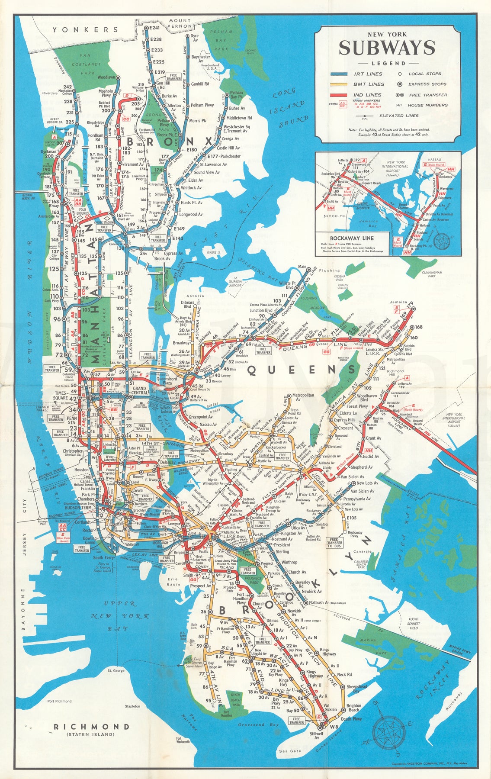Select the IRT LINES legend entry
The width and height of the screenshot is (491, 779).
pyautogui.click(x=368, y=74)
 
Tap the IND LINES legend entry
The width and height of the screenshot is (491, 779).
pyautogui.click(x=368, y=95)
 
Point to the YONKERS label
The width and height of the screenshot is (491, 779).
pyautogui.click(x=85, y=29)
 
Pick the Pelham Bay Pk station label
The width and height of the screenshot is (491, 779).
pyautogui.click(x=236, y=95)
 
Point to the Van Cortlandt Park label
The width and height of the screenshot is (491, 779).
pyautogui.click(x=87, y=64)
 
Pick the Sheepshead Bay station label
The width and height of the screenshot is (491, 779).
pyautogui.click(x=356, y=688)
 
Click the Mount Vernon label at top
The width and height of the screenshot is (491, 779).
pyautogui.click(x=180, y=23)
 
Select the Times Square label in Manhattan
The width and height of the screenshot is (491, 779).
pyautogui.click(x=60, y=396)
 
